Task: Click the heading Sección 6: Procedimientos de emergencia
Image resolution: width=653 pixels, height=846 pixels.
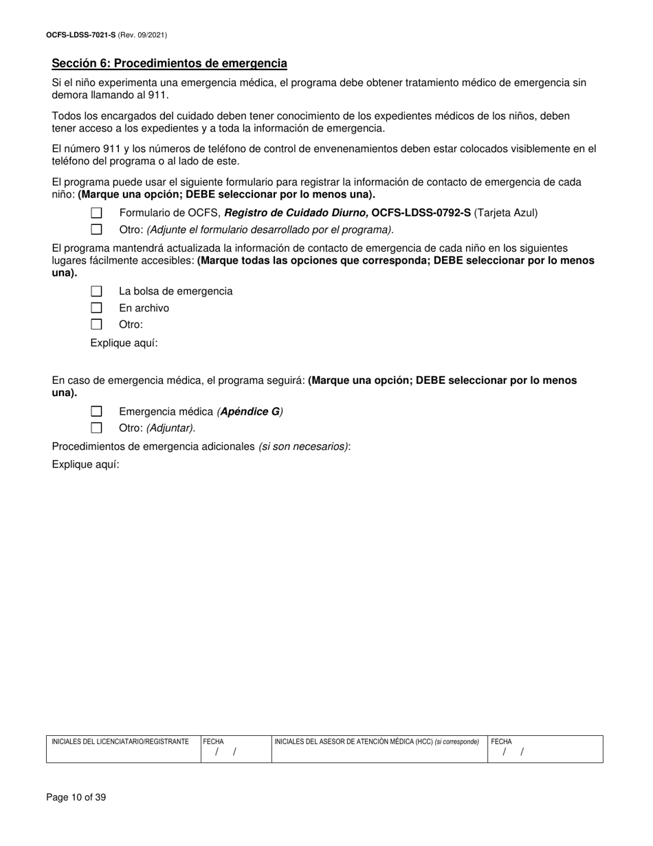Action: point(169,63)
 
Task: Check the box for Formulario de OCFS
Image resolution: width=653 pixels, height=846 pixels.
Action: point(96,213)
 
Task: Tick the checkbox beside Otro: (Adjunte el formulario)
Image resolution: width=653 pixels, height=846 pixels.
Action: point(96,230)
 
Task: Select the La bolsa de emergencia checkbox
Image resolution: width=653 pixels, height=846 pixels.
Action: point(96,292)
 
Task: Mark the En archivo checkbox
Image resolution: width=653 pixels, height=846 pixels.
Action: point(96,308)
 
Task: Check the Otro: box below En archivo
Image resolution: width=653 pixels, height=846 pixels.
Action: point(96,325)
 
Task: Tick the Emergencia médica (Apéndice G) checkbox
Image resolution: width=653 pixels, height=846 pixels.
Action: point(96,411)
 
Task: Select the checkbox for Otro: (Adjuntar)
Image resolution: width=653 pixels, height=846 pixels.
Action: point(96,428)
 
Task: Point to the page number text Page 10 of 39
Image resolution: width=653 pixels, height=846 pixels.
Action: point(76,798)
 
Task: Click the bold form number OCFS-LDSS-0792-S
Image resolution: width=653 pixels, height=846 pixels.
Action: point(421,213)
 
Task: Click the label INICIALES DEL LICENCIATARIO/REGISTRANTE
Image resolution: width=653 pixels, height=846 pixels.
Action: point(120,742)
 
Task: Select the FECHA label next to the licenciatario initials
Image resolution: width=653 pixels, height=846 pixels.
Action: point(213,742)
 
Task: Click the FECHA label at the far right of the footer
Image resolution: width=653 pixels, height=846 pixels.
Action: point(501,742)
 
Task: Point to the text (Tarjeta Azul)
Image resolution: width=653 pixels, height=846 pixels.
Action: point(506,213)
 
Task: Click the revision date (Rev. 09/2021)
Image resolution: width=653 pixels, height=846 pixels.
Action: point(142,34)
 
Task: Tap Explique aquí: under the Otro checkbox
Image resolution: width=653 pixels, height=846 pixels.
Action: point(124,343)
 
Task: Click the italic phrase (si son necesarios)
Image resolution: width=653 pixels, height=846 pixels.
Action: point(303,446)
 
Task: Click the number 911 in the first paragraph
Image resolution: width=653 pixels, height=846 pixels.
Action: point(158,95)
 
